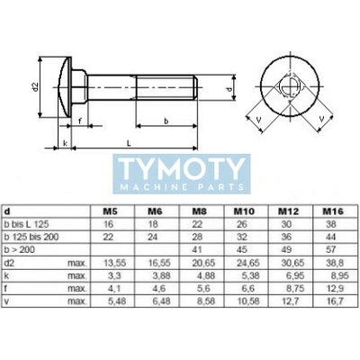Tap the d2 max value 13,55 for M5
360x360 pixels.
point(114,263)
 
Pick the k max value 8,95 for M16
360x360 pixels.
point(337,275)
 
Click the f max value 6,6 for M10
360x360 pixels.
point(247,288)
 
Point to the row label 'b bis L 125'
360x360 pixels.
point(26,224)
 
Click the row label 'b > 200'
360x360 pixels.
point(20,249)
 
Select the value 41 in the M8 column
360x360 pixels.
point(197,249)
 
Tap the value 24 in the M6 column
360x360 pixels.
point(153,237)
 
